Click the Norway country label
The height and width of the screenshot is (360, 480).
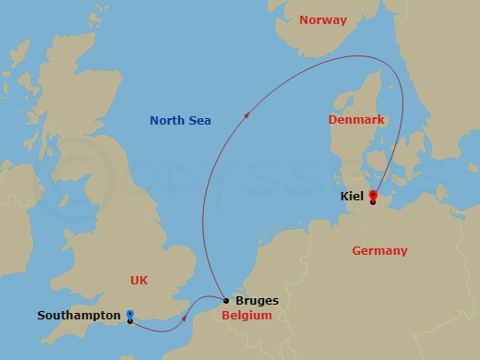[x=323, y=19]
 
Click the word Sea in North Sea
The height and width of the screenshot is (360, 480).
[x=199, y=121]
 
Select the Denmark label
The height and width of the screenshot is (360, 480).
[x=356, y=120]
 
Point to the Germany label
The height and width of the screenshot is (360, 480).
[x=379, y=250]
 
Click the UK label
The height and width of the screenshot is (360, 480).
[x=139, y=280]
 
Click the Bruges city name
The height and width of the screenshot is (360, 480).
[x=257, y=301]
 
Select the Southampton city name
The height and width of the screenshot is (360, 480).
[x=78, y=316]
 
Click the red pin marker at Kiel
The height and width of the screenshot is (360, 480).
[x=372, y=195]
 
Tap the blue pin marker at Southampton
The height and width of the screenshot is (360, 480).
[x=130, y=315]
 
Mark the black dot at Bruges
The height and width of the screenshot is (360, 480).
[x=226, y=300]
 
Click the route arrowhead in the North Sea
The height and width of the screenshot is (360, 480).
[x=246, y=115]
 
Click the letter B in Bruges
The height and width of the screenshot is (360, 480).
[x=240, y=301]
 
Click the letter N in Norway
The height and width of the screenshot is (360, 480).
[x=304, y=19]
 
